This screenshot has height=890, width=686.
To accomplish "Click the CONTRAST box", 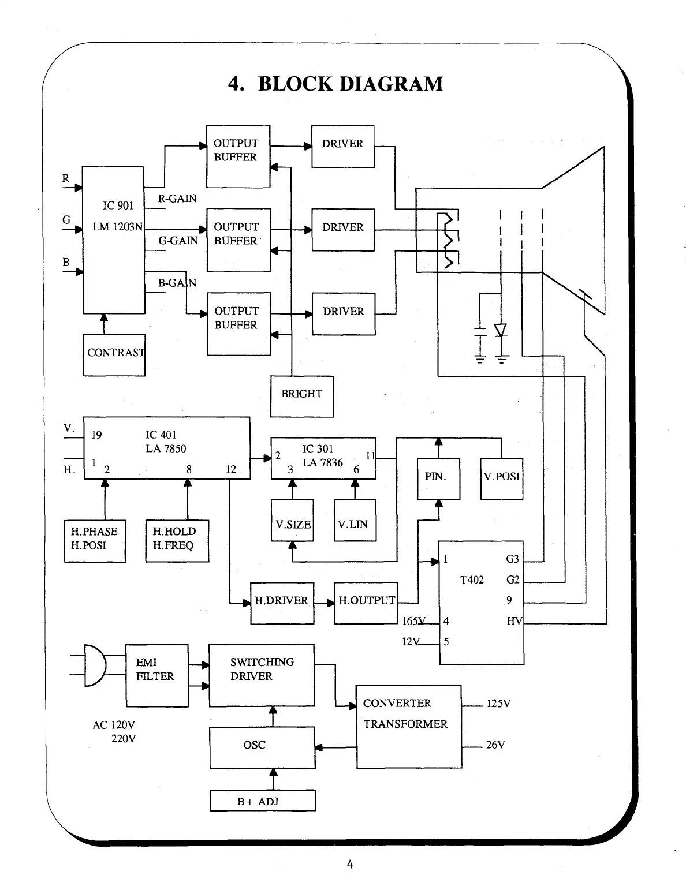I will (x=114, y=354).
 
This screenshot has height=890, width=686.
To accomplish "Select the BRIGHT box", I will (x=302, y=395).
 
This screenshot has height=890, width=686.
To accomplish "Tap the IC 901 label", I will (x=118, y=205).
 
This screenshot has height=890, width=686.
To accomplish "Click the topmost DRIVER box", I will (x=343, y=146).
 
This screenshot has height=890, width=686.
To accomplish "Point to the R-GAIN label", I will (x=177, y=199).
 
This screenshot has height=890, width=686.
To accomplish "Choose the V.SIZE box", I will (x=293, y=521).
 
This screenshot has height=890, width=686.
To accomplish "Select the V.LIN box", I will (x=355, y=521).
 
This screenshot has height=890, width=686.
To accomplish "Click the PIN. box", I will (x=438, y=478).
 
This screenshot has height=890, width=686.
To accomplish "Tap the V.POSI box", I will (x=501, y=478).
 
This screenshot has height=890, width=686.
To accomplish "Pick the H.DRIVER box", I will (x=282, y=603).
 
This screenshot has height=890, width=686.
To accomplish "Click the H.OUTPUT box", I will (x=366, y=603).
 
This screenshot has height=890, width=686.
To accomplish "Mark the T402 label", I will (x=472, y=580).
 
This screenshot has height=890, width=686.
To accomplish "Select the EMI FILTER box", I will (x=157, y=675).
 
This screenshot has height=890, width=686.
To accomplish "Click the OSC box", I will (x=262, y=747).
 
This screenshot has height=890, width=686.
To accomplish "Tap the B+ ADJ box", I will (x=262, y=801).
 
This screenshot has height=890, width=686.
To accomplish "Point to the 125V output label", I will (x=498, y=704).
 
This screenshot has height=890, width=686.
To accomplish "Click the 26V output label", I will (x=495, y=745).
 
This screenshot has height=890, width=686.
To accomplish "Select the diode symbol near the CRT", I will (x=501, y=330).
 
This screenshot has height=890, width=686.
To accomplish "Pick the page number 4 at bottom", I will (x=349, y=864).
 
